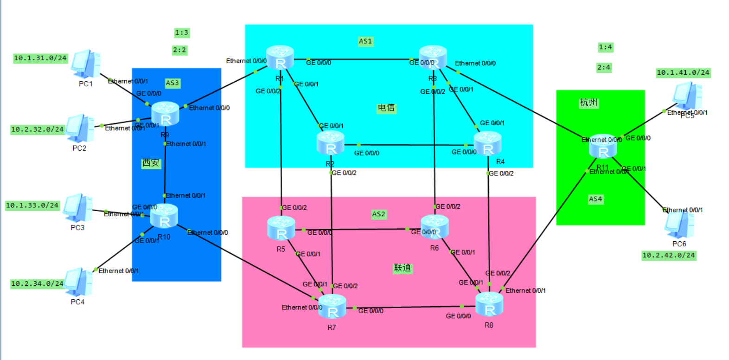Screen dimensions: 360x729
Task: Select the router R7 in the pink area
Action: click(x=332, y=306)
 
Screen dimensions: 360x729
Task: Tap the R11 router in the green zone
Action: click(x=602, y=147)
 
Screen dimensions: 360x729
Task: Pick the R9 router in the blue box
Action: click(x=165, y=114)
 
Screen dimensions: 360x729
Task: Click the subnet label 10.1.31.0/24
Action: click(x=40, y=58)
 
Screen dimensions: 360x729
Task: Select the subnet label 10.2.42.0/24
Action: click(x=668, y=255)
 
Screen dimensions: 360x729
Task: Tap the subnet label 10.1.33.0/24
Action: click(x=32, y=205)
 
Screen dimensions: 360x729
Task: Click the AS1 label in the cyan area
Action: click(x=365, y=41)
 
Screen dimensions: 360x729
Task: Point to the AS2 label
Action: click(x=378, y=214)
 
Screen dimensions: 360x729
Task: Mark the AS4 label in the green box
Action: click(x=595, y=199)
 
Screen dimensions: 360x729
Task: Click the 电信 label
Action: click(x=386, y=108)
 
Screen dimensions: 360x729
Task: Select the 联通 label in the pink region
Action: click(x=402, y=268)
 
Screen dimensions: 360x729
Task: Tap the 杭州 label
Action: click(x=588, y=103)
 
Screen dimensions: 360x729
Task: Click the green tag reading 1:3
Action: click(x=181, y=32)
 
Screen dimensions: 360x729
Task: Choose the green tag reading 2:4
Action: click(x=603, y=67)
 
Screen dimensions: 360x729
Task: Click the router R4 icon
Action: click(x=487, y=143)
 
